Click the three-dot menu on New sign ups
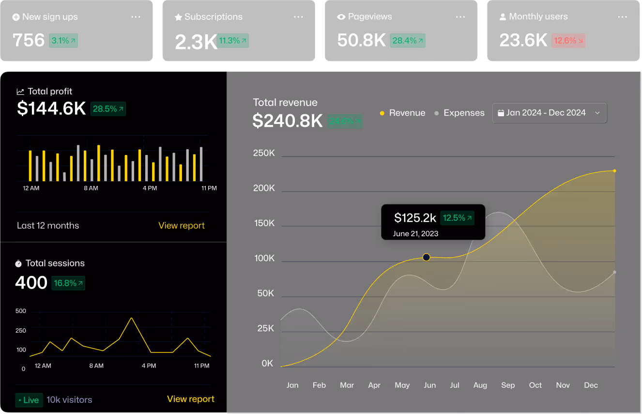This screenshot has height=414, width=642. point(136,17)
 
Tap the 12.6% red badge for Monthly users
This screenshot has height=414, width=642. point(568,41)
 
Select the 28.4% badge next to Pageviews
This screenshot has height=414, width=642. point(408,41)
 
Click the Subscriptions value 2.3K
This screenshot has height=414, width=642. point(195,42)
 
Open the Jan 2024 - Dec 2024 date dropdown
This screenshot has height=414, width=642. point(549,113)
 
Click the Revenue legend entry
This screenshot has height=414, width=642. point(402,113)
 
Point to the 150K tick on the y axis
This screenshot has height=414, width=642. point(264,223)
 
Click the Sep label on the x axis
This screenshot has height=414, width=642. point(508,385)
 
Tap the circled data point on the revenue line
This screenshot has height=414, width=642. point(426,257)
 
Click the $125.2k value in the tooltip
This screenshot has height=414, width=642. point(415,218)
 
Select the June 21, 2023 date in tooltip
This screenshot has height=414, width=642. point(415,233)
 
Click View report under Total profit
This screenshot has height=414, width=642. point(182,226)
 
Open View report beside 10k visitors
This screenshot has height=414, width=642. point(190,399)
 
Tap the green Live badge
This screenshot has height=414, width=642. point(29,400)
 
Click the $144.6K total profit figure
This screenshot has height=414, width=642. point(51,108)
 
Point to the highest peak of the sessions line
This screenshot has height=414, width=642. point(131,318)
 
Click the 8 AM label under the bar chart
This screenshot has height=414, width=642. point(91,188)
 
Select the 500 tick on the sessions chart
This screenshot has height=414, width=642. point(20,311)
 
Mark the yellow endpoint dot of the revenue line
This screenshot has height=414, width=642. point(614,171)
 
